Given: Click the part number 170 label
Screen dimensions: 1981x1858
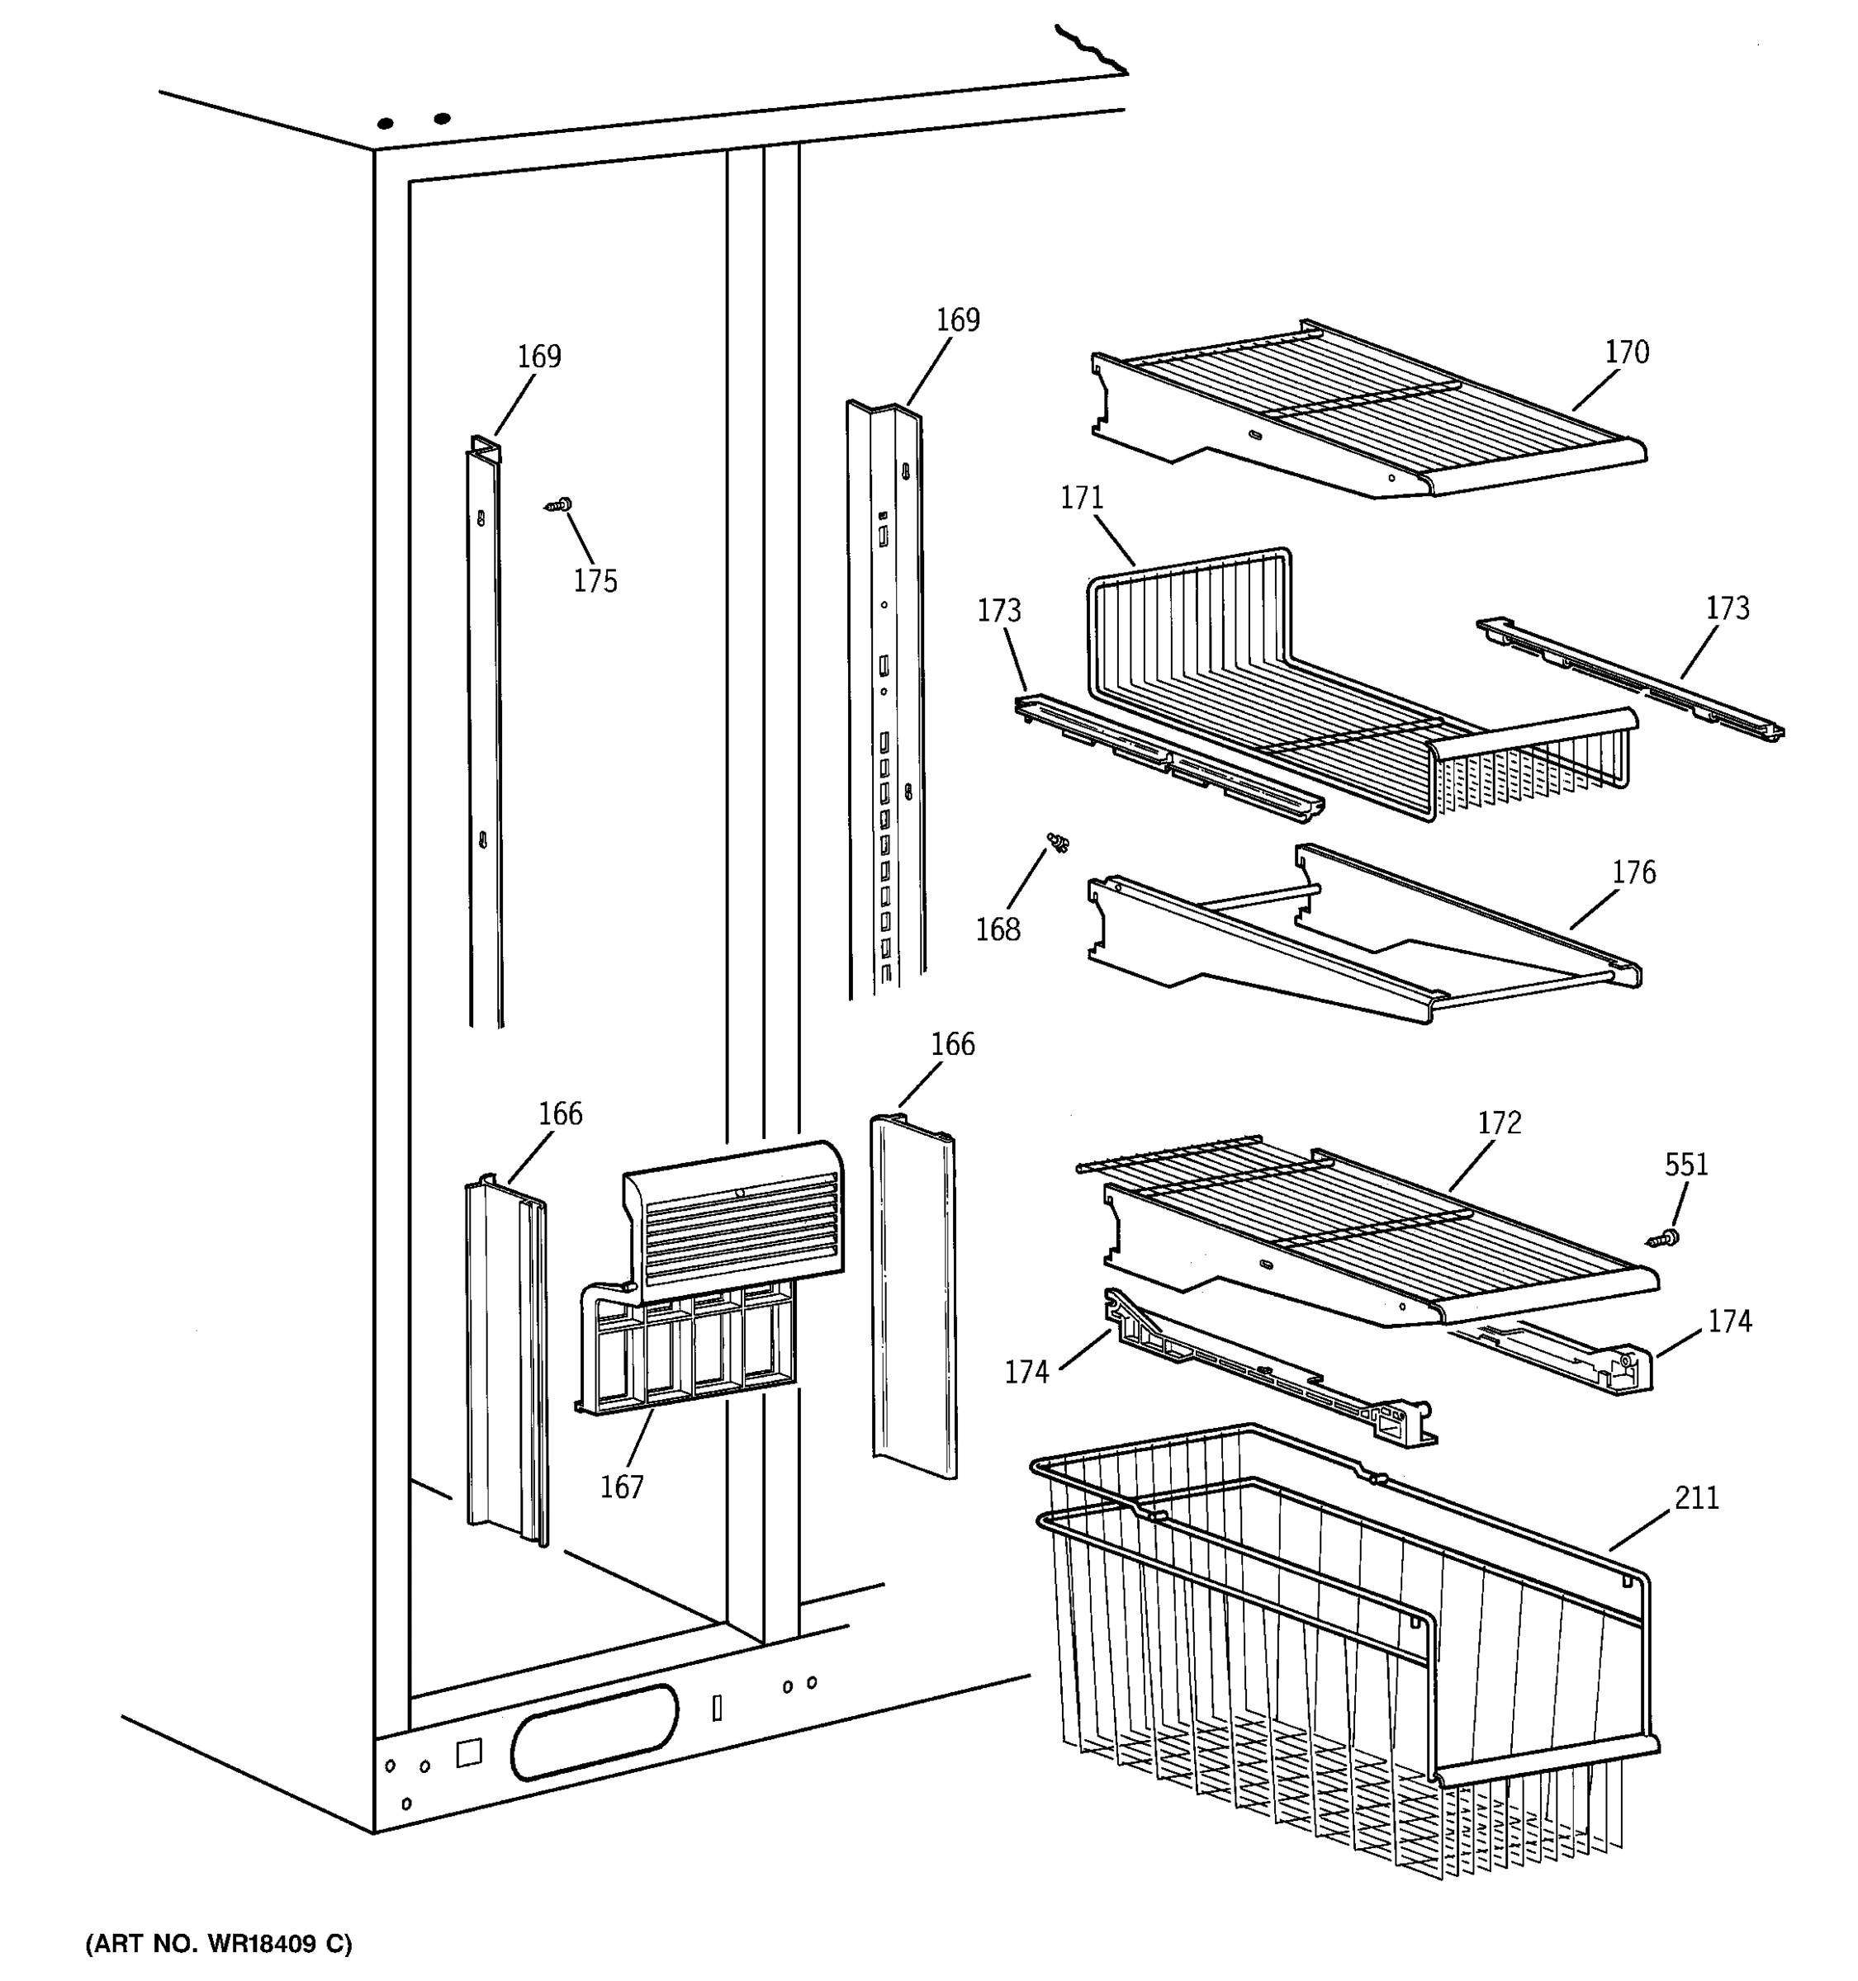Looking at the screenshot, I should (1626, 352).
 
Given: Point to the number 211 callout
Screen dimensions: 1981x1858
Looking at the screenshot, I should (1696, 1496).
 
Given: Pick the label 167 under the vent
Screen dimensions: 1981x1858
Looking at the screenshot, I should (622, 1487).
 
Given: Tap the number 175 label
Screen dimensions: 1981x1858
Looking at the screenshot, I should (595, 581).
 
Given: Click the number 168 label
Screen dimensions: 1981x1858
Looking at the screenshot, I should (998, 929).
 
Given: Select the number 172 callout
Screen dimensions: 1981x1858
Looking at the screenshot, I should (1499, 1123).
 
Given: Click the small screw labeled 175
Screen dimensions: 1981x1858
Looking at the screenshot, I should (562, 506).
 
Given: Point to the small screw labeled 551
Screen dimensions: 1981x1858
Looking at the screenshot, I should (1662, 1239).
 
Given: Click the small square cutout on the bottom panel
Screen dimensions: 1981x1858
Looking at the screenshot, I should (468, 1753).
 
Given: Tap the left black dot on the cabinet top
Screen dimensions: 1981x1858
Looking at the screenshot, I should (386, 124).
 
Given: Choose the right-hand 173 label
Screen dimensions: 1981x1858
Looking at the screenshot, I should (1728, 608).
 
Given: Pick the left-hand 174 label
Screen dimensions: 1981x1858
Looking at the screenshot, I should (1026, 1372).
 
